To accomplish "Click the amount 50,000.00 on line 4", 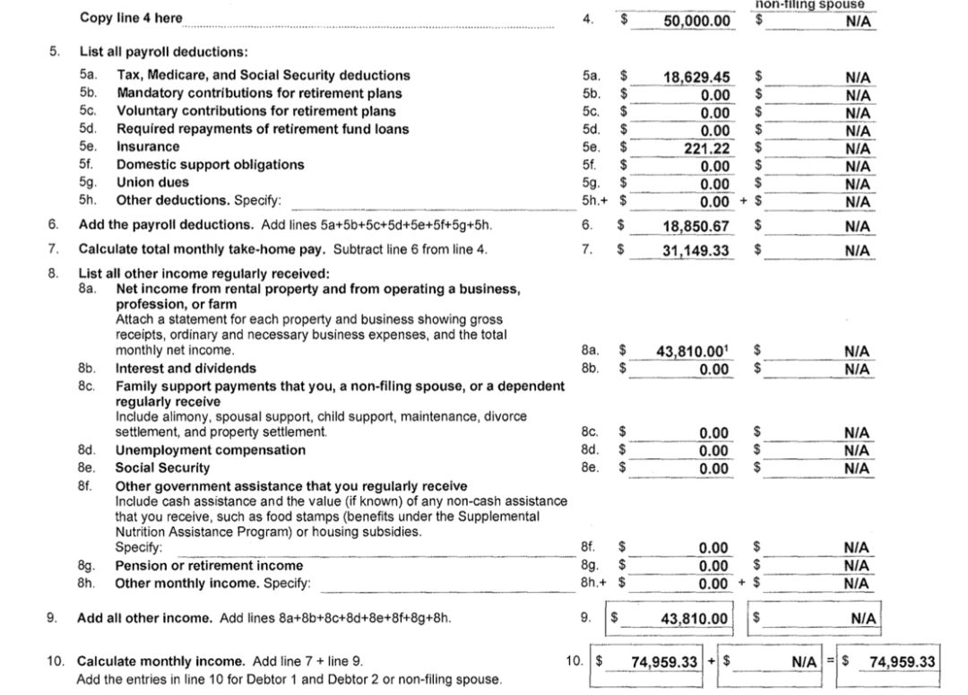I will tap(696, 20).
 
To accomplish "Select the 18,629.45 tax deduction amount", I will tap(696, 77).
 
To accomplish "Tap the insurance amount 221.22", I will tap(706, 148).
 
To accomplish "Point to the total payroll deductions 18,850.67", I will tap(696, 227).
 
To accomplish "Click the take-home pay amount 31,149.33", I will tap(696, 251).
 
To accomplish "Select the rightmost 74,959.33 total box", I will tap(902, 662).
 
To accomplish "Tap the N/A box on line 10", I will tap(804, 662).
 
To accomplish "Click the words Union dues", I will tap(152, 182).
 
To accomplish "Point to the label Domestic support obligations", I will tap(210, 165).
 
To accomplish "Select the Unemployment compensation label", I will tap(210, 450).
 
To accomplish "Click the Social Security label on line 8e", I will tap(162, 467).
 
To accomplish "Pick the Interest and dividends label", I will tap(186, 368).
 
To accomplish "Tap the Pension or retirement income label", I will tap(209, 566).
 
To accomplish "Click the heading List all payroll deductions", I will tap(163, 52).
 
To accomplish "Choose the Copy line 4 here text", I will tap(131, 18).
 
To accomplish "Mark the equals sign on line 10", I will tap(830, 662).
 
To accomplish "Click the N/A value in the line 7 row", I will tap(857, 251).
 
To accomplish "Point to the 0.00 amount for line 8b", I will tap(713, 369).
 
